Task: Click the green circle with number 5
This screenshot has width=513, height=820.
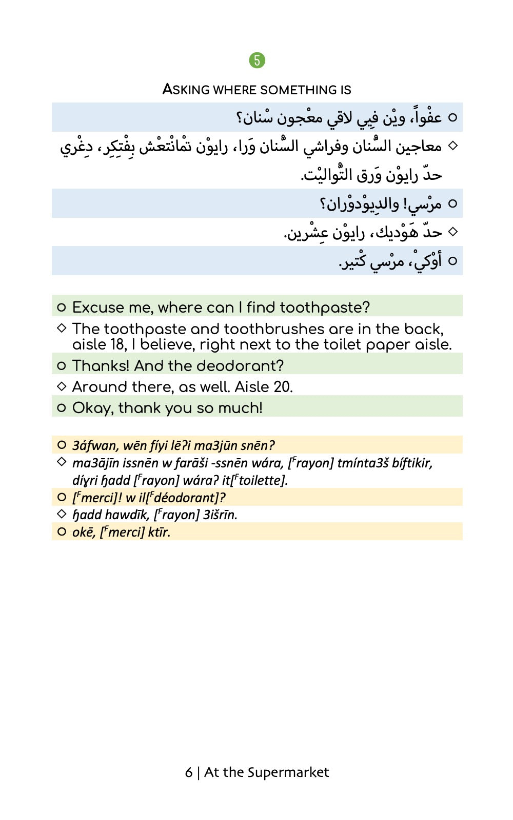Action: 257,60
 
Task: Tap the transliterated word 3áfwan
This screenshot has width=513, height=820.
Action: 95,445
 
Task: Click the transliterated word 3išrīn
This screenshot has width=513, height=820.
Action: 220,515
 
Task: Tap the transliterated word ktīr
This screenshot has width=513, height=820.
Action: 159,532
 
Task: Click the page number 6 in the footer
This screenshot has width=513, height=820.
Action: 189,772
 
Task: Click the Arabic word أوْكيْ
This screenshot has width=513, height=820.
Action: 428,261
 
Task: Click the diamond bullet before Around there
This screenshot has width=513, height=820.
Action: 62,386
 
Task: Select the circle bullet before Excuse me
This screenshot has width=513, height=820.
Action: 62,307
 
